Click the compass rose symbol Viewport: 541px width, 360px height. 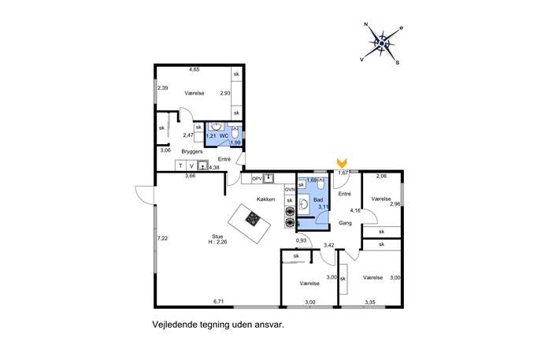(382, 43)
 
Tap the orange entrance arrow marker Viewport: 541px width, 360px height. (342, 163)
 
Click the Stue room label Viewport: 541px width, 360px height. (217, 236)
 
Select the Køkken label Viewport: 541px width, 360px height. (265, 199)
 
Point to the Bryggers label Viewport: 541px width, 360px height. (192, 151)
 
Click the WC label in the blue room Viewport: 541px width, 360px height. (224, 136)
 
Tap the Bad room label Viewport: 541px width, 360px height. (318, 200)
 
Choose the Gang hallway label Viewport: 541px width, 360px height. (345, 223)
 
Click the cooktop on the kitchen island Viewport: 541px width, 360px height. (252, 219)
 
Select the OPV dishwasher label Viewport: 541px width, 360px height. (258, 179)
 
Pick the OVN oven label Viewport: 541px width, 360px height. (290, 190)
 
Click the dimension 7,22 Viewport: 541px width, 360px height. (162, 238)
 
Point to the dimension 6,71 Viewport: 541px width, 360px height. (219, 302)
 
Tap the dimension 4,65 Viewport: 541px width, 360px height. (194, 69)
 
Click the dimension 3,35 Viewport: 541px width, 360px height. (370, 302)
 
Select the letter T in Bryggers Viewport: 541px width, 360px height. (180, 166)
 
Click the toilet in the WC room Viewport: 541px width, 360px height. (235, 132)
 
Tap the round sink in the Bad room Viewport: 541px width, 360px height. (304, 205)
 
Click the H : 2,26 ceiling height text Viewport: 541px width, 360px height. (217, 242)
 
